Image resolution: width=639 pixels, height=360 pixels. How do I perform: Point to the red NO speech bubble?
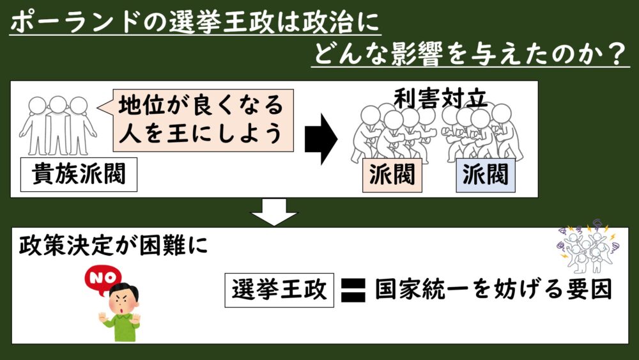98,279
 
